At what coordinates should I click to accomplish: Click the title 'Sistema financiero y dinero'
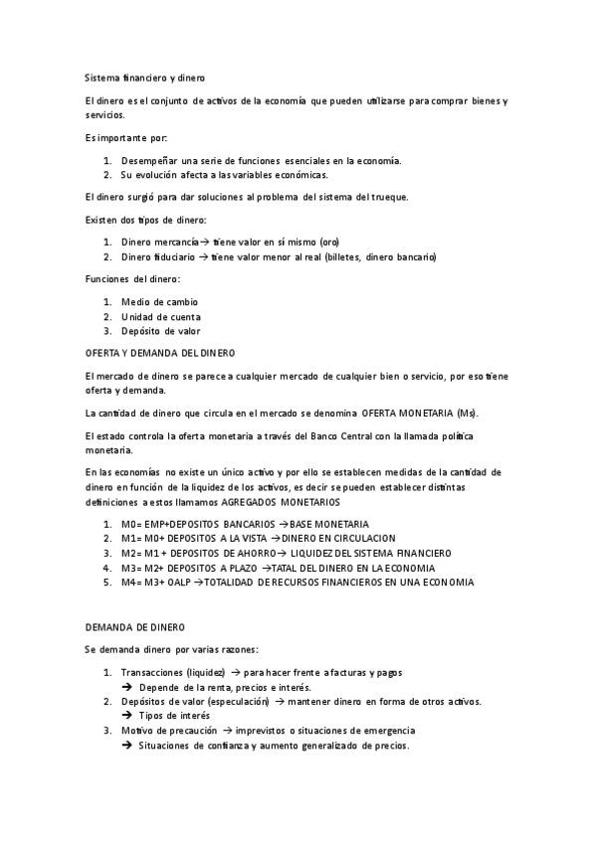145,77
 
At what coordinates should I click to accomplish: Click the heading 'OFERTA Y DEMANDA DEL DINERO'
159,352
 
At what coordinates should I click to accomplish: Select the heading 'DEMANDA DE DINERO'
134,627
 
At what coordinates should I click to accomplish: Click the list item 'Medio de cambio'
159,301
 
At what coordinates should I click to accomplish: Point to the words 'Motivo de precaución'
169,731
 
